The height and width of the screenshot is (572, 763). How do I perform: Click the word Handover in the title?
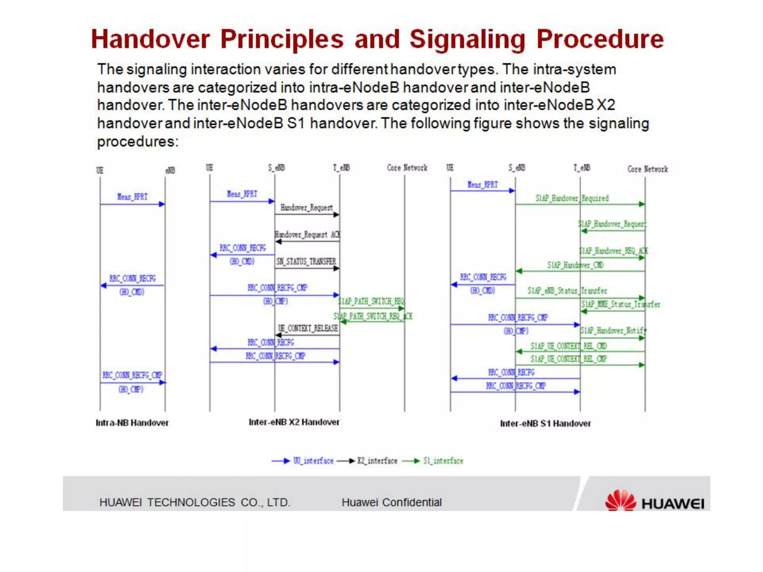click(151, 39)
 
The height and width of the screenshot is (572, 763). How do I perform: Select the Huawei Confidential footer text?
click(392, 502)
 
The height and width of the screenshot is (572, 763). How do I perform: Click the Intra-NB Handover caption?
click(132, 423)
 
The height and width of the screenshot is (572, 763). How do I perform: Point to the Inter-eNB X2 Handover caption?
click(294, 422)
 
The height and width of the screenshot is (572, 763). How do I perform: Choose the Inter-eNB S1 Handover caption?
click(545, 423)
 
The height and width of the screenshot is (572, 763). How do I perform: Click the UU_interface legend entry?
click(313, 461)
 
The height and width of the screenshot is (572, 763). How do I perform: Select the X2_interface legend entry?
click(377, 461)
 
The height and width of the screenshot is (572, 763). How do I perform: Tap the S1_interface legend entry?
click(443, 461)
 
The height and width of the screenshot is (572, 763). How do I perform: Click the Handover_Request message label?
click(306, 207)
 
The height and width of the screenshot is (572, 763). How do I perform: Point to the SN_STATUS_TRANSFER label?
click(306, 261)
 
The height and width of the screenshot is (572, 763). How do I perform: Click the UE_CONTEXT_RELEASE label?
click(308, 328)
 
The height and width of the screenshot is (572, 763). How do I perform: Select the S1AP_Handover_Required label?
click(572, 198)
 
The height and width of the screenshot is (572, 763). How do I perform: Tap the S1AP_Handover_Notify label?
click(613, 330)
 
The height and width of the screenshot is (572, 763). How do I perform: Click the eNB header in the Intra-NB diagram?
click(170, 170)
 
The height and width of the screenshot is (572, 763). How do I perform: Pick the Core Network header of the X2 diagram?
click(407, 168)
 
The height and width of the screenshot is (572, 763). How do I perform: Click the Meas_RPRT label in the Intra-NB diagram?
click(132, 197)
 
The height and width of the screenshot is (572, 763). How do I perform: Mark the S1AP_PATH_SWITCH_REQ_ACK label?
click(373, 316)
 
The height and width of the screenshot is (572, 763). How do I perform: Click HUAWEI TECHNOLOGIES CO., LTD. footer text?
click(194, 502)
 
